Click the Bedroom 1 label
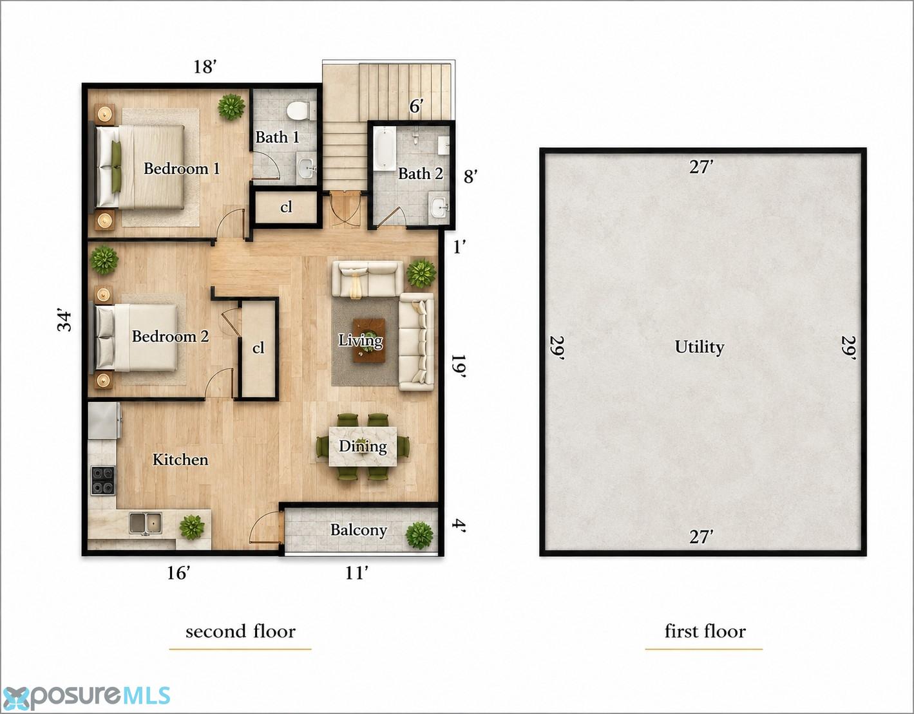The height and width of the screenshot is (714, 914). click(182, 169)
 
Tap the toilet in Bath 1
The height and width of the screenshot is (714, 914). click(298, 111)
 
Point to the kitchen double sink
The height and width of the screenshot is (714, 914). click(145, 523)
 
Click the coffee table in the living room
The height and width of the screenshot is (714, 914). click(369, 340)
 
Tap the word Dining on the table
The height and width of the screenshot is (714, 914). click(363, 446)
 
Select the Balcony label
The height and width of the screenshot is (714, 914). click(358, 530)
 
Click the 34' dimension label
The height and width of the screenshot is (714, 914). click(65, 321)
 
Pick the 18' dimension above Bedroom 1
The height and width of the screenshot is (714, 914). click(205, 66)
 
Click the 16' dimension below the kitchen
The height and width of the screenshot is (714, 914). click(178, 573)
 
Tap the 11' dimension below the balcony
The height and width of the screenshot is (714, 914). click(357, 573)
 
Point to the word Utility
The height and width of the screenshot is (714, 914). click(700, 347)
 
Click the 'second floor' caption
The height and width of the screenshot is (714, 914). click(241, 631)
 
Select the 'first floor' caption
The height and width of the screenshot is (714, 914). click(705, 631)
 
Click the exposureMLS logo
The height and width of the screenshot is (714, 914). click(86, 697)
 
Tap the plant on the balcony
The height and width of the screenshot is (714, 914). click(419, 536)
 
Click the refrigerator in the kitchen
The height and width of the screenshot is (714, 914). click(104, 420)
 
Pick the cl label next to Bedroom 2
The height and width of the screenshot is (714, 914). click(258, 348)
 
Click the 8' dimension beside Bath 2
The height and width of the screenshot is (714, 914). click(470, 176)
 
